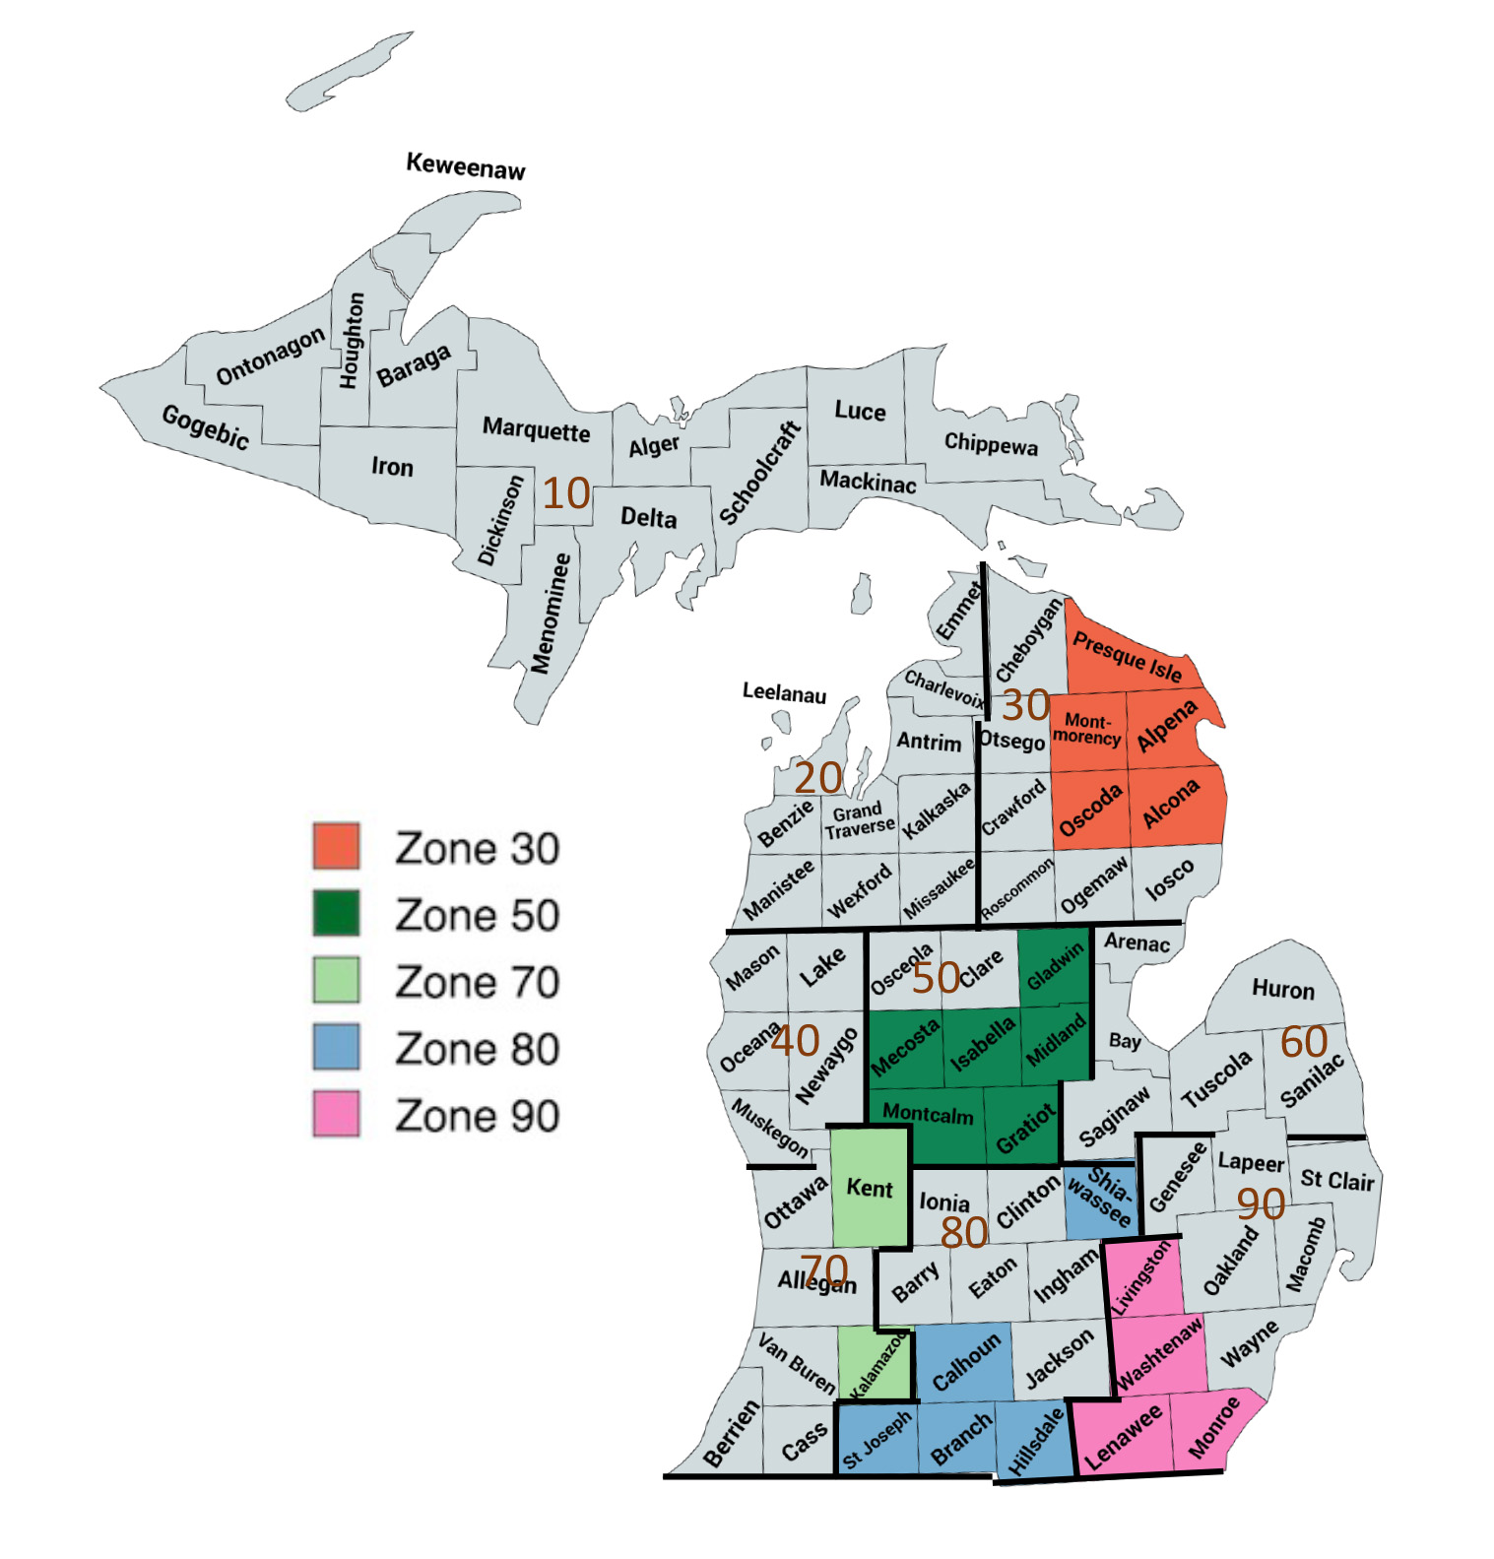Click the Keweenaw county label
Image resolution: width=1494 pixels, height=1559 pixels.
(466, 166)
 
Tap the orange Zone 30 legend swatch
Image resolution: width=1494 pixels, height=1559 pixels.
(336, 846)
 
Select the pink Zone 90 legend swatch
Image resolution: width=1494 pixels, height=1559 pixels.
(336, 1114)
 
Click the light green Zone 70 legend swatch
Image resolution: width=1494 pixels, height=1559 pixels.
(336, 980)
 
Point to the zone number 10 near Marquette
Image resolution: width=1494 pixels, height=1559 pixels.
(566, 493)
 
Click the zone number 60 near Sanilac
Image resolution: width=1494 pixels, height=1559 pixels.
(1304, 1042)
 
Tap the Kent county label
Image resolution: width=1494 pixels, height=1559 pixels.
(869, 1188)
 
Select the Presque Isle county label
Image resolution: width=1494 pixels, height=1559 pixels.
(1127, 656)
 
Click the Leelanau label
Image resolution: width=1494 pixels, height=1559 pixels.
(784, 693)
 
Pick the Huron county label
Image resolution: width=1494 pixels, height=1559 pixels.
(1282, 989)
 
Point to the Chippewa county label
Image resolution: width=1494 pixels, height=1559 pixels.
(991, 444)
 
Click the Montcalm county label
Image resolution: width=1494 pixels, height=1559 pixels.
(927, 1114)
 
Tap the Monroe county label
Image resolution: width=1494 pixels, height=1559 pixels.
(1213, 1427)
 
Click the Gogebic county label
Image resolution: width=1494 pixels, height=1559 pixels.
(206, 426)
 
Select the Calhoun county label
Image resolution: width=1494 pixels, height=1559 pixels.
(965, 1361)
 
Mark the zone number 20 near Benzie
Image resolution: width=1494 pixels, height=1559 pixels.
(817, 778)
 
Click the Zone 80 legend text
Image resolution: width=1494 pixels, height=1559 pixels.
(477, 1048)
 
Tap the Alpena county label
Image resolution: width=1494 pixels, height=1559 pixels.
(1167, 727)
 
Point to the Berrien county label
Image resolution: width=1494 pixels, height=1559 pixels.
(732, 1434)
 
